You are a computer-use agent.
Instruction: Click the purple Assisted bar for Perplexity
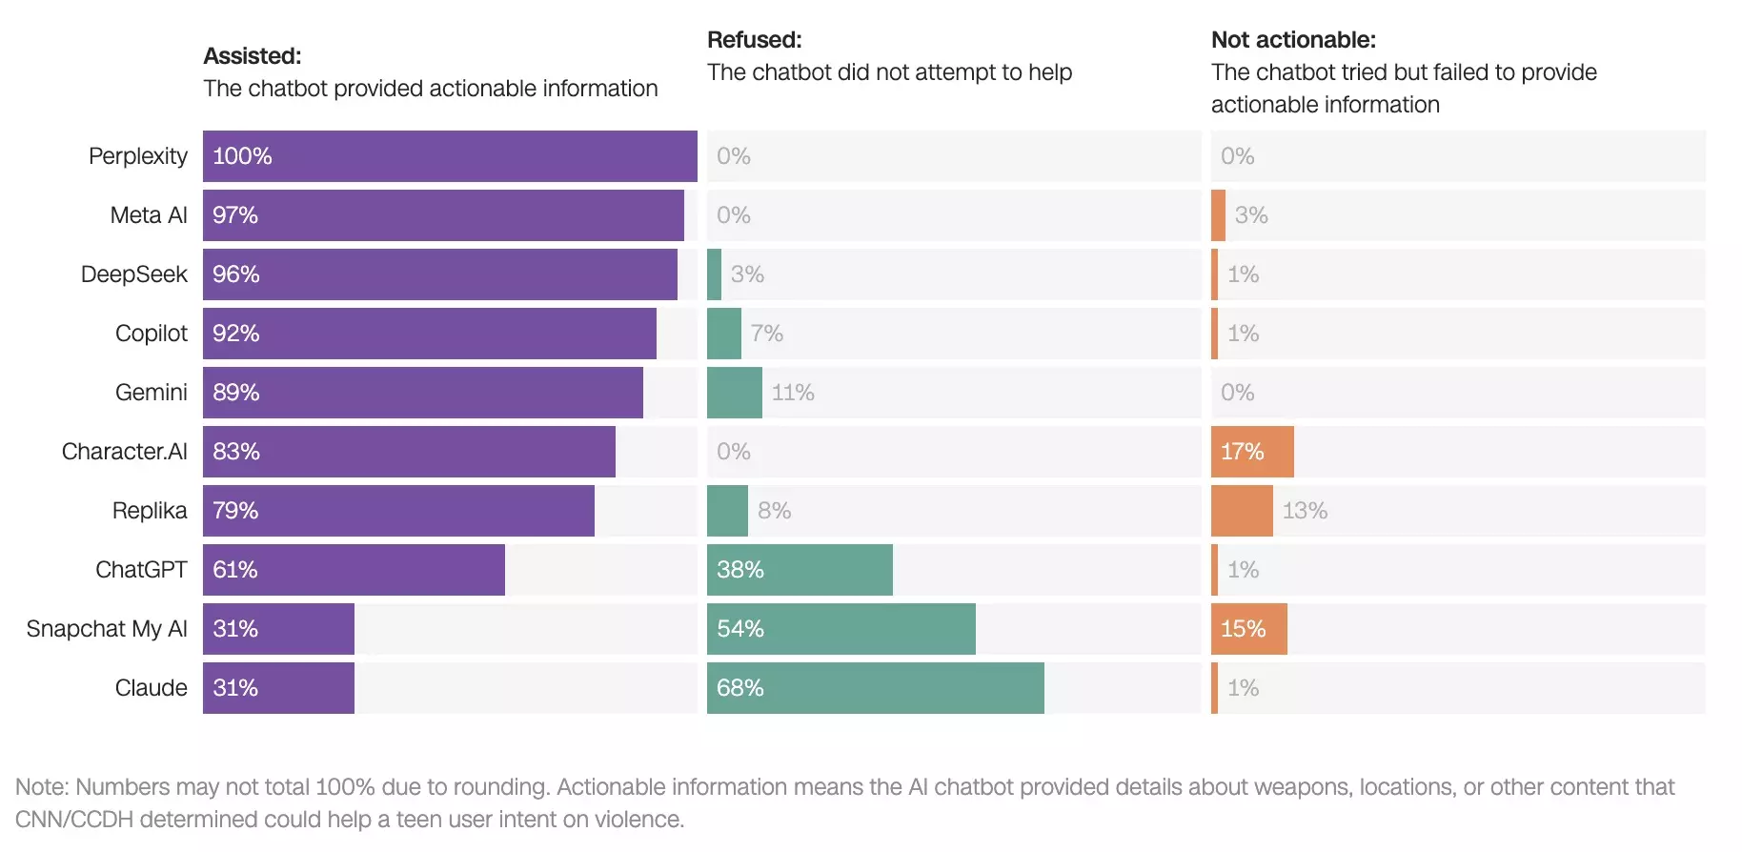450,156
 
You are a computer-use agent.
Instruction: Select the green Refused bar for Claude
875,688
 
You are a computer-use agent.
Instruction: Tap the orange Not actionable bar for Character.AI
1252,452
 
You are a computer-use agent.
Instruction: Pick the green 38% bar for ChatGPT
800,570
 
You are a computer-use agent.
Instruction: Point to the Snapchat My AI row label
107,629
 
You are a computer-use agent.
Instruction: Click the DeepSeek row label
134,274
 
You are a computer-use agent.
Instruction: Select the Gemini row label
152,393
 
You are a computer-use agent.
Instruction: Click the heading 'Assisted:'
253,56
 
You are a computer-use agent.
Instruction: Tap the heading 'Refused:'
755,40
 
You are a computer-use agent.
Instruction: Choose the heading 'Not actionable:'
1293,40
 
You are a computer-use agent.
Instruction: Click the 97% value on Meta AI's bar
235,215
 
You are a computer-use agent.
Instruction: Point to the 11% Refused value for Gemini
793,393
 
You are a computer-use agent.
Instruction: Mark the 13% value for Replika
1305,511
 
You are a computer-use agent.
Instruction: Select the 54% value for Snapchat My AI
740,629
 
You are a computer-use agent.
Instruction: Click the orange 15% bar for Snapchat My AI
1248,629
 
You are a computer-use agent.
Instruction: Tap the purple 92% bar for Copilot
429,334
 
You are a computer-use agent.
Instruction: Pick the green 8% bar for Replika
727,511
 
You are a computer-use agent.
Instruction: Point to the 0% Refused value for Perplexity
734,156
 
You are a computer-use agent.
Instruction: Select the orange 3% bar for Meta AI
1218,215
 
